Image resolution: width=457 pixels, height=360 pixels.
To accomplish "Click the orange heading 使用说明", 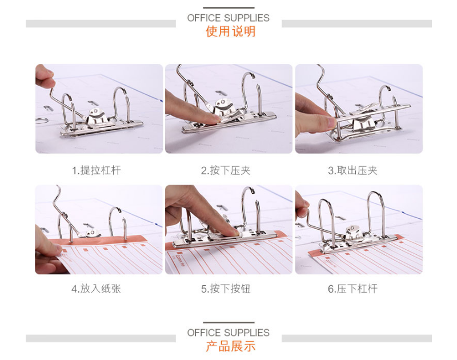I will point(230,31).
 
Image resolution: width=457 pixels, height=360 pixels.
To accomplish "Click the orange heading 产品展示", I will point(230,346).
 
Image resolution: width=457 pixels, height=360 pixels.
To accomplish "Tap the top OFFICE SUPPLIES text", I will point(228,18).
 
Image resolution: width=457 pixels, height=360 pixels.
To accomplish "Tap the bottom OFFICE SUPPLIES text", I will point(228,333).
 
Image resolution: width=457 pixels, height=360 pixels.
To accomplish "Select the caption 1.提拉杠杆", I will point(96,170).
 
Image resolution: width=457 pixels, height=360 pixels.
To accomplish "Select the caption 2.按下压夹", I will point(226,170).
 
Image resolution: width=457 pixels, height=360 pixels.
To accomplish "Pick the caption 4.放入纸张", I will point(96,289).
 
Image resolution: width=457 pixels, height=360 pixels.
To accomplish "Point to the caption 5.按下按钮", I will point(226,289).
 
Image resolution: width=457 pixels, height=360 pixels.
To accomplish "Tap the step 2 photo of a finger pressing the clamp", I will point(228,109).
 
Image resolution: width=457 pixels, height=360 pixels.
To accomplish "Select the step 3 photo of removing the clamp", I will point(359,109).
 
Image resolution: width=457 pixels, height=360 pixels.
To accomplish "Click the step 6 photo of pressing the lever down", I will point(359,229).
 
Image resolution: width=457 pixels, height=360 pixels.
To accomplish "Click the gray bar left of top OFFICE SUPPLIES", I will point(101,24).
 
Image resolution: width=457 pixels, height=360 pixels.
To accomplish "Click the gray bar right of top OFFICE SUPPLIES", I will point(356,24).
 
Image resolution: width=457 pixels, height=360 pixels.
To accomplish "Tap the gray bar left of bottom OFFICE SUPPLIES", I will point(101,338).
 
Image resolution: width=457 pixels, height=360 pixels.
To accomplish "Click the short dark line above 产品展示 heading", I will point(228,323).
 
